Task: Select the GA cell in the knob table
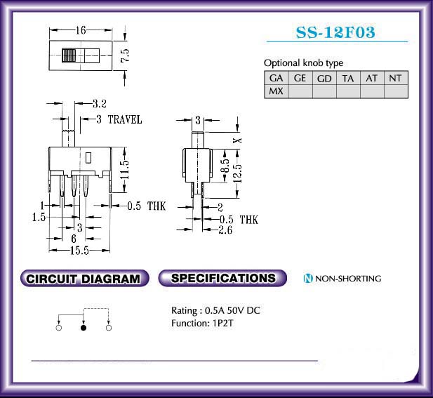click(x=276, y=79)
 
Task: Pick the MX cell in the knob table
click(x=276, y=91)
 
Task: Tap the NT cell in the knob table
click(x=395, y=79)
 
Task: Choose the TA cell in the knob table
click(x=348, y=79)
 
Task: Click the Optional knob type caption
click(x=303, y=63)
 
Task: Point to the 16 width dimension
click(x=81, y=30)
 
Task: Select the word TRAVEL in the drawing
click(x=124, y=120)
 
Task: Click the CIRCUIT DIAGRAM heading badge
click(x=84, y=279)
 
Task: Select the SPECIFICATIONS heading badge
click(x=223, y=278)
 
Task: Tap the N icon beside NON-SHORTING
click(x=307, y=279)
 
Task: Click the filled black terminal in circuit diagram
click(x=84, y=327)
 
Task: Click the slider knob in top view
click(x=70, y=55)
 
